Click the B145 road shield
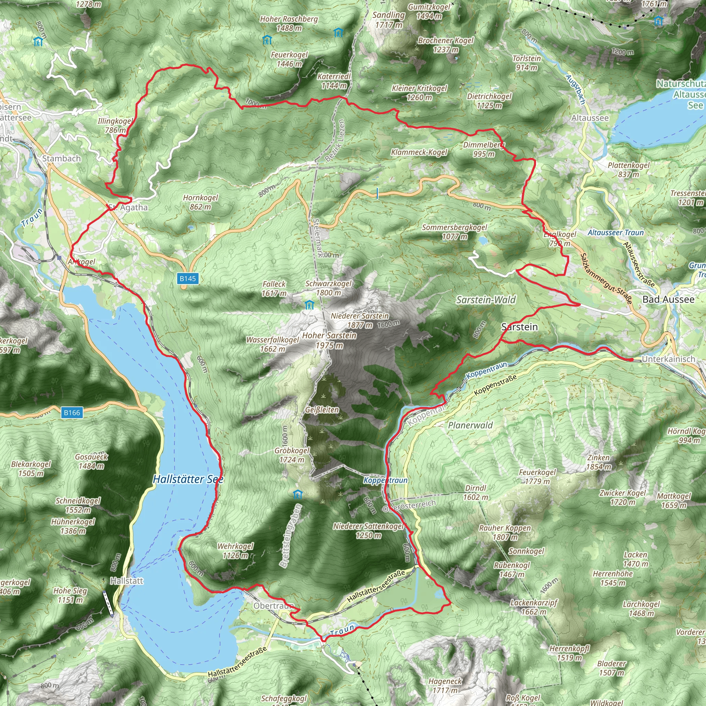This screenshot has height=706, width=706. click(x=188, y=279)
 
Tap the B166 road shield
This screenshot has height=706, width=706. click(x=72, y=413)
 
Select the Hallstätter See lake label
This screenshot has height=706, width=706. click(x=188, y=479)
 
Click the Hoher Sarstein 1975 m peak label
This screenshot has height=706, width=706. click(x=329, y=340)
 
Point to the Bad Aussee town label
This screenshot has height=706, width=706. click(x=668, y=299)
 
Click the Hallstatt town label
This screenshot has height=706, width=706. click(x=127, y=581)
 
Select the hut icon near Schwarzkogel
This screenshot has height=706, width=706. click(x=310, y=304)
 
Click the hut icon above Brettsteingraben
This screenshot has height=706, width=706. click(x=298, y=495)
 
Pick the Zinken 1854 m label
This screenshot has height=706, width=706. click(x=598, y=462)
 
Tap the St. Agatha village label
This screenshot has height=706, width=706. click(x=128, y=208)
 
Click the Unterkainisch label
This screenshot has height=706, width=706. click(x=668, y=359)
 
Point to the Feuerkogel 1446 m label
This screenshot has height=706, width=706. click(x=289, y=59)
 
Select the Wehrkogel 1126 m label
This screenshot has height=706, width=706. click(x=235, y=551)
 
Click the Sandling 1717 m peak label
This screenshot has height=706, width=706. click(x=389, y=20)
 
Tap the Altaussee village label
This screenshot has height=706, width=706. click(x=590, y=118)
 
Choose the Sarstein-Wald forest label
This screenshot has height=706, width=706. click(x=486, y=300)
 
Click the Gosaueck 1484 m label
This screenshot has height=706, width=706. click(x=91, y=461)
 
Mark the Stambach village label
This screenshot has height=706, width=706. click(x=61, y=159)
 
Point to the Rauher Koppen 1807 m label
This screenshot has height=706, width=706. click(x=505, y=532)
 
